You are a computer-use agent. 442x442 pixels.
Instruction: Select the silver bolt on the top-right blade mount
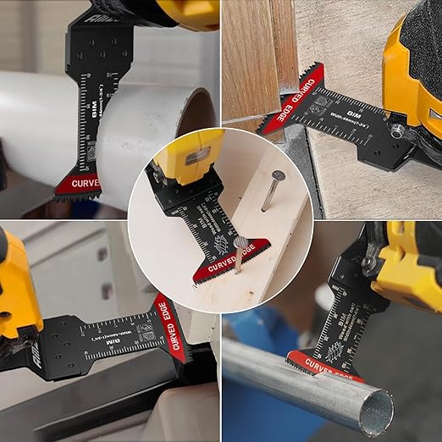(x=397, y=129)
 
